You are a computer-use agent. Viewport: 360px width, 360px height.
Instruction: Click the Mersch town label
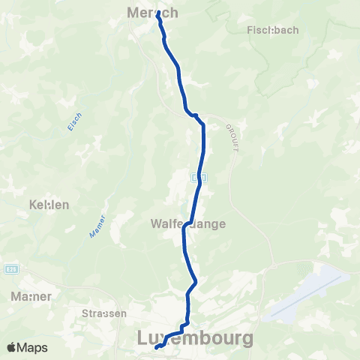[x=153, y=13]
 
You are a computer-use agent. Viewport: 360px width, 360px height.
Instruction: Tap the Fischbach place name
[x=272, y=31]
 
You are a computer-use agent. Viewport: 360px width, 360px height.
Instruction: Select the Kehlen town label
[x=49, y=204]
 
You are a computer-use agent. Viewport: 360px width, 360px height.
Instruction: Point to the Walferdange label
[x=188, y=223]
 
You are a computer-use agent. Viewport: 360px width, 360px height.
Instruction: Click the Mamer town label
[x=31, y=296]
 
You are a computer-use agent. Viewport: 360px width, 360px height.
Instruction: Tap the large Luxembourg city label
[x=195, y=338]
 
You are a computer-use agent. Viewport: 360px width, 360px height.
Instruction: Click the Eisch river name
[x=74, y=121]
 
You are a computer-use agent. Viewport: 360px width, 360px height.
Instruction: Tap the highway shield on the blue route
[x=196, y=178]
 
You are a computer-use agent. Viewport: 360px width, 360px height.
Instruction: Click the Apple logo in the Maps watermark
[x=13, y=347]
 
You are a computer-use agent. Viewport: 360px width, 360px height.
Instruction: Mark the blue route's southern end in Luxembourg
[x=157, y=347]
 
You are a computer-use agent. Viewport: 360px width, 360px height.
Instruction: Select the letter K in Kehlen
[x=32, y=204]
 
